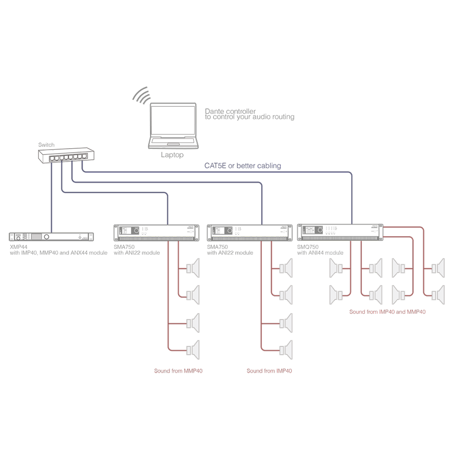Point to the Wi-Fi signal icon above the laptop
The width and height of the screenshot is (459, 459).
[x=144, y=95]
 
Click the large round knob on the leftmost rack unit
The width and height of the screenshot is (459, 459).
[x=47, y=237]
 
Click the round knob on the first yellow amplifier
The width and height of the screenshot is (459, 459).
[x=136, y=230]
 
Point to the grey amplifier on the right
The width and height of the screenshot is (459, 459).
[x=340, y=232]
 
